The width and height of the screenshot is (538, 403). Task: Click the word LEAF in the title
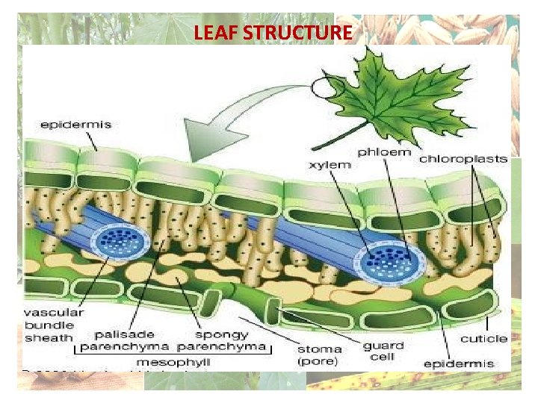pyautogui.click(x=212, y=33)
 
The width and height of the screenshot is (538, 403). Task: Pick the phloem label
pyautogui.click(x=384, y=152)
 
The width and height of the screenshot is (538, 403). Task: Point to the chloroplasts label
pyautogui.click(x=463, y=158)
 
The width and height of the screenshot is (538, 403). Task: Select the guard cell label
pyautogui.click(x=383, y=351)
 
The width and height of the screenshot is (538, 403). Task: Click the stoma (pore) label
pyautogui.click(x=319, y=355)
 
